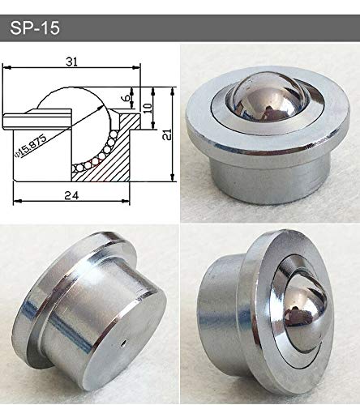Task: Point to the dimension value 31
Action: tap(74, 61)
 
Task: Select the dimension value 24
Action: tap(72, 195)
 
